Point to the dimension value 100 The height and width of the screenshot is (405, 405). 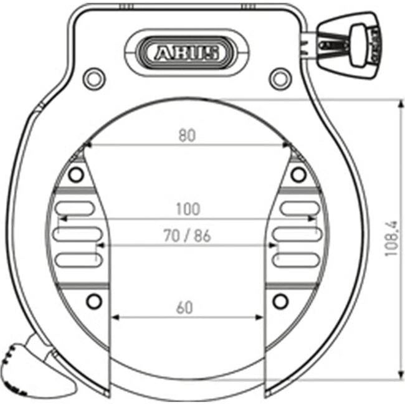click(x=187, y=209)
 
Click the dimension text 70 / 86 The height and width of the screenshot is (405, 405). click(x=187, y=236)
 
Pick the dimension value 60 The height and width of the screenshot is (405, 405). click(x=185, y=307)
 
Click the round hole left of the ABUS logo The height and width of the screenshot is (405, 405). click(x=94, y=77)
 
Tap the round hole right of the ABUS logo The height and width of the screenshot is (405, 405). click(x=279, y=77)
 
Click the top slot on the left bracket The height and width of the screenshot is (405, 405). click(x=74, y=208)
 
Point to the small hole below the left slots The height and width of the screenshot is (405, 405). click(x=93, y=302)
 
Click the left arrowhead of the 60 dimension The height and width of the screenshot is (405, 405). click(x=115, y=317)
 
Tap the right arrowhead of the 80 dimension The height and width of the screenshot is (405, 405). click(x=288, y=146)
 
